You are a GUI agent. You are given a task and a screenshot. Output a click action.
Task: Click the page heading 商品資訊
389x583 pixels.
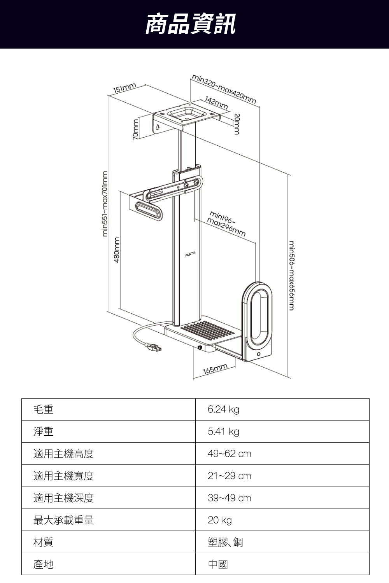pos(190,24)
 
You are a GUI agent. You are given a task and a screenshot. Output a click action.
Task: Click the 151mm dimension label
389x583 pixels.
pos(124,88)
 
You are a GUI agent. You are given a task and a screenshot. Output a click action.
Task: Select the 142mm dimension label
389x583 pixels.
pos(216,103)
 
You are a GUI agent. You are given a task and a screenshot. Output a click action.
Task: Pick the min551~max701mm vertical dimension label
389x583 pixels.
pos(104,203)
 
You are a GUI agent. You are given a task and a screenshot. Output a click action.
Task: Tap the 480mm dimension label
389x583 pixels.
pos(116,250)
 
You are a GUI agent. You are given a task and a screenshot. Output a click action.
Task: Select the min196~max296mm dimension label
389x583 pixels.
pos(226,224)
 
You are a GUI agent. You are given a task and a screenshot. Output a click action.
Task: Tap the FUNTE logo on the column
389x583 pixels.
pos(190,255)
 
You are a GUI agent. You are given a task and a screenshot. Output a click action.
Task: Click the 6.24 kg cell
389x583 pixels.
pos(223,409)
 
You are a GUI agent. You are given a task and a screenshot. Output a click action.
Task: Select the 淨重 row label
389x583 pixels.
pos(44,431)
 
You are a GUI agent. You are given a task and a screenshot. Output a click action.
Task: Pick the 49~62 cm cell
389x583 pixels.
pos(229,454)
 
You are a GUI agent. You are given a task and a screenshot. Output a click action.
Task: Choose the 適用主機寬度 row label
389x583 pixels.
pos(64,476)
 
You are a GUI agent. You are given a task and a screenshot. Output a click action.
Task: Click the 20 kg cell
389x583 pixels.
pos(219,520)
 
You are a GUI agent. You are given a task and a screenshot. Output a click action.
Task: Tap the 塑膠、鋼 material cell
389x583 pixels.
pos(225,542)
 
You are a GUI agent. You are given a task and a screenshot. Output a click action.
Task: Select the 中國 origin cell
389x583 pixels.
pos(218,564)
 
